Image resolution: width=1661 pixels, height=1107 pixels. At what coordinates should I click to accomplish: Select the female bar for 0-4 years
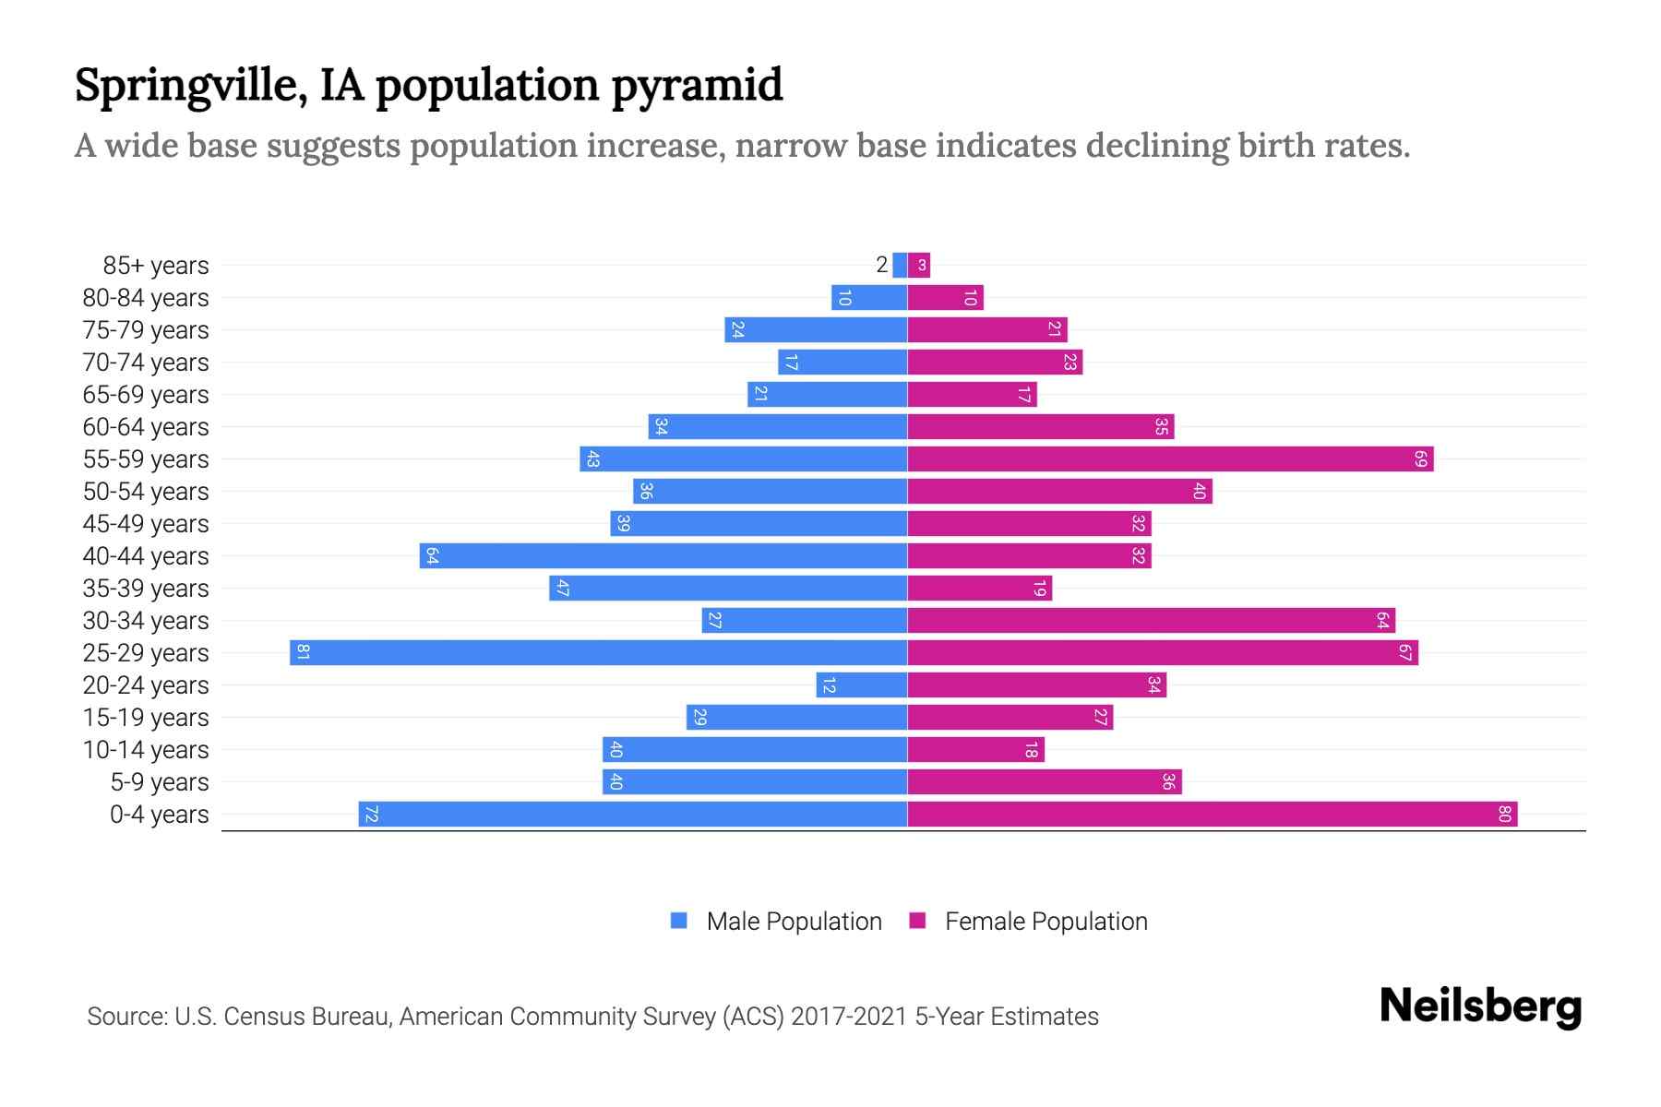point(1212,814)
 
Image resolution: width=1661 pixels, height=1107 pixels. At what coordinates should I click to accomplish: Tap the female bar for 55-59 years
point(1170,458)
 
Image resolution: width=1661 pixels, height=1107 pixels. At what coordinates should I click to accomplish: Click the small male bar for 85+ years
point(900,265)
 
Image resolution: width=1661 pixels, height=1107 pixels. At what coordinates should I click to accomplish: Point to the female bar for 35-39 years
point(979,588)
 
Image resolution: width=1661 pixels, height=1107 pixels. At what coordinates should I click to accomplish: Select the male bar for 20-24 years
point(861,684)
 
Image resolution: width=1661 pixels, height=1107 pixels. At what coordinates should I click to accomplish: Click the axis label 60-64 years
point(146,427)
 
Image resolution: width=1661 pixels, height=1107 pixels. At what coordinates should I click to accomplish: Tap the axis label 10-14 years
point(146,750)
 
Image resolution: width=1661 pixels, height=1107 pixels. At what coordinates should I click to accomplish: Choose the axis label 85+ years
point(156,266)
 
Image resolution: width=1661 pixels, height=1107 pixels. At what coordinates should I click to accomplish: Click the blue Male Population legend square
point(679,921)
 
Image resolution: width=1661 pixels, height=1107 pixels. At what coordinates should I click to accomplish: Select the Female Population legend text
point(1046,921)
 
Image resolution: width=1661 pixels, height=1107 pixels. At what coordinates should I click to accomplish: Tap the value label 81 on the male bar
point(303,652)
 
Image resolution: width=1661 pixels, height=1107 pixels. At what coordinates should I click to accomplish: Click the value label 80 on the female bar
point(1504,814)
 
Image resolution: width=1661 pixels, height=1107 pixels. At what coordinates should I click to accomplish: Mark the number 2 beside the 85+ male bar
point(881,265)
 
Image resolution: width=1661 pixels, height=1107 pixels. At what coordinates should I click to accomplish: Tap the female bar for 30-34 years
point(1151,620)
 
